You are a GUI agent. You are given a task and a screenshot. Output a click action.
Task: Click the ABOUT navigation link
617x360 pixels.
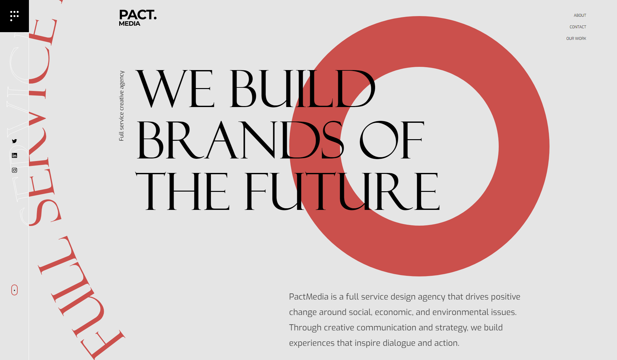click(x=580, y=15)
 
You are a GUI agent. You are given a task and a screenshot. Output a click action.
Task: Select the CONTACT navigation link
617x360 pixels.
click(x=577, y=27)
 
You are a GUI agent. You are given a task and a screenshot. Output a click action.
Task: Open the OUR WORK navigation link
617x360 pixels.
click(x=576, y=39)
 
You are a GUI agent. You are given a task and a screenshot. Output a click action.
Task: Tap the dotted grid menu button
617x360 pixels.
click(x=14, y=16)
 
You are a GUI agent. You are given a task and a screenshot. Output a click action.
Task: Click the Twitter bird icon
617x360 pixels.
click(x=14, y=141)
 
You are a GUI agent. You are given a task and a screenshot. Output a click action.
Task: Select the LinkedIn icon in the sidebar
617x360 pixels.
click(x=14, y=156)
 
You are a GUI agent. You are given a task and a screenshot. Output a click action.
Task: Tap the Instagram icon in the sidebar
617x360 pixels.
click(x=14, y=170)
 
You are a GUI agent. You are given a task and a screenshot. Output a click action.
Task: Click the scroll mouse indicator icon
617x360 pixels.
click(x=14, y=290)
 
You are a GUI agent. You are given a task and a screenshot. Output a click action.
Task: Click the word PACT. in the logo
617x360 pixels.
click(x=138, y=15)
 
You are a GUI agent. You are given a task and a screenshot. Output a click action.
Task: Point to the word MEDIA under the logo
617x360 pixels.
click(x=130, y=24)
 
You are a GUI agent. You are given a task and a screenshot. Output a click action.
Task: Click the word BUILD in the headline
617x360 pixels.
click(x=302, y=89)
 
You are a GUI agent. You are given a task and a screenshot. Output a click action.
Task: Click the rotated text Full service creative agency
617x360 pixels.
click(x=121, y=106)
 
